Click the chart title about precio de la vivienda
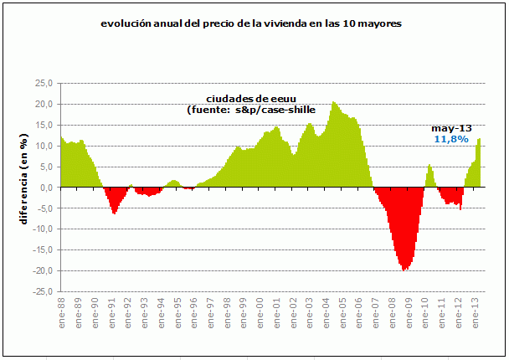[250, 24]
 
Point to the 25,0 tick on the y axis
[44, 83]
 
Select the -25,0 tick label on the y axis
[42, 291]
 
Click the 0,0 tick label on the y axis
[46, 188]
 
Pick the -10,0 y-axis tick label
[42, 229]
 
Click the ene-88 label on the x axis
[64, 312]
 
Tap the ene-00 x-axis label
[260, 312]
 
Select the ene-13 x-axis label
[474, 312]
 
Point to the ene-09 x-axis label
[408, 312]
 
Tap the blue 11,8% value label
[450, 139]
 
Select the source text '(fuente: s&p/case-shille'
[251, 111]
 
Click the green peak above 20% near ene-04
[334, 104]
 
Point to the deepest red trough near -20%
[405, 268]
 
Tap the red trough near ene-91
[114, 212]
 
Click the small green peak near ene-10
[429, 167]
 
